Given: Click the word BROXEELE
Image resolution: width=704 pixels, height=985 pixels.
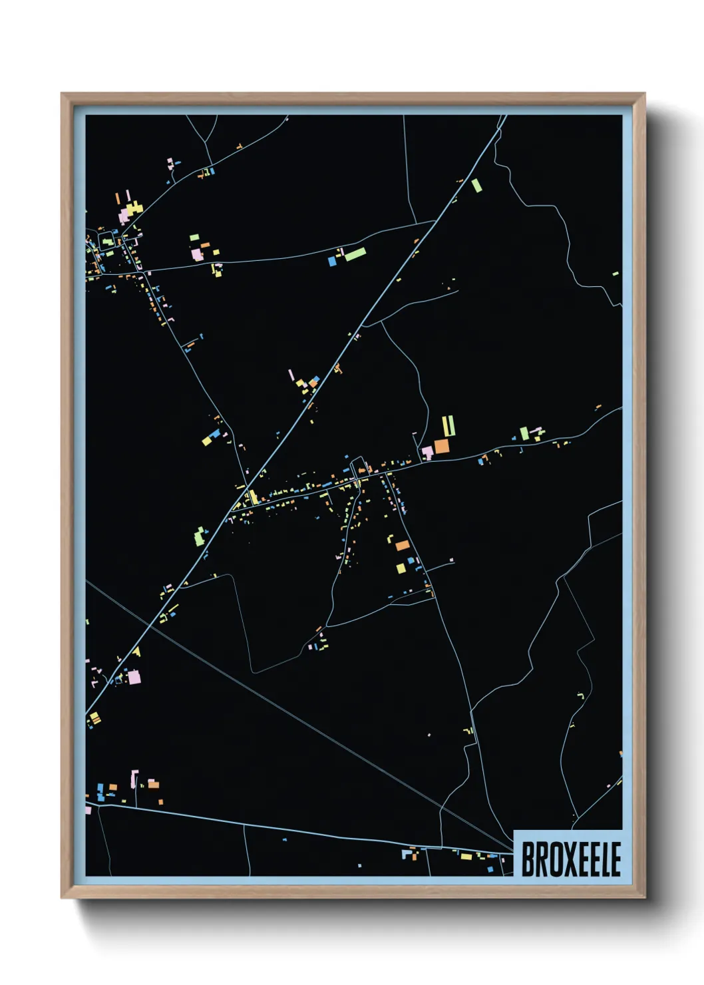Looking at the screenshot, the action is [570, 859].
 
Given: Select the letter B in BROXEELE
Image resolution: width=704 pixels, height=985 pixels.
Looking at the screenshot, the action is [528, 859].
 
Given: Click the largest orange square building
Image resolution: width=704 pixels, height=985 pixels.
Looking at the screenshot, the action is [442, 446].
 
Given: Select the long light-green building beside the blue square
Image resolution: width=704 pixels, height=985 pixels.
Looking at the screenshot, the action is [355, 254].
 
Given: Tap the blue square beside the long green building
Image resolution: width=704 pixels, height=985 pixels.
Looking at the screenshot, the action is [332, 261].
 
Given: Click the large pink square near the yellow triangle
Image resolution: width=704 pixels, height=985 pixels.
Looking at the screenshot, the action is [134, 677].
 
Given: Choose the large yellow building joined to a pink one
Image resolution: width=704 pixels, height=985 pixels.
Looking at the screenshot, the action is [135, 208].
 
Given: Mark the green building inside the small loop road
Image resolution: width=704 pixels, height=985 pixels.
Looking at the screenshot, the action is [107, 242].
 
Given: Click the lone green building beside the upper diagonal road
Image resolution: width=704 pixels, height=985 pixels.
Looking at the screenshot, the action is [476, 185].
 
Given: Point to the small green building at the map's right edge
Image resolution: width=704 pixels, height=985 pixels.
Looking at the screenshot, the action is [616, 274].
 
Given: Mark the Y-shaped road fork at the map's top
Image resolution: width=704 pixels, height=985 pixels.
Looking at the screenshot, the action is [207, 142].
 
